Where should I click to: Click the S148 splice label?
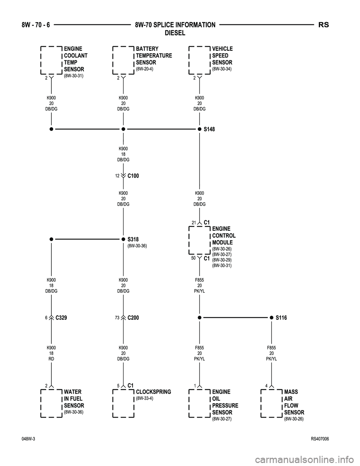[209, 129]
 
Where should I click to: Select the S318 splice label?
[133, 239]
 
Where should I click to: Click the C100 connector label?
[133, 176]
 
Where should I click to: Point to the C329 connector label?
[61, 318]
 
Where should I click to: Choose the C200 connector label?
[133, 318]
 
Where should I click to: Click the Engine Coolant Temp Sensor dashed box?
[51, 60]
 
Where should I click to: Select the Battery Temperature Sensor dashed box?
[123, 60]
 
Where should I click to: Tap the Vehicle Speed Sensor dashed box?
[199, 60]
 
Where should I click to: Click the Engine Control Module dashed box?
[199, 240]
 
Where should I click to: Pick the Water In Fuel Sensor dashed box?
[51, 403]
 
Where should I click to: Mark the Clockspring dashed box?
[123, 403]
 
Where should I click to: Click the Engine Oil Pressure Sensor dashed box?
[199, 403]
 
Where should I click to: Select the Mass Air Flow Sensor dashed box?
[271, 403]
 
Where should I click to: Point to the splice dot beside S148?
[199, 129]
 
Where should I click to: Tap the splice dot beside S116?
[271, 317]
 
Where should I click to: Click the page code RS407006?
[320, 439]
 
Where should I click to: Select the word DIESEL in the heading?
[175, 33]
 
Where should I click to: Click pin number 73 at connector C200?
[117, 318]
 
